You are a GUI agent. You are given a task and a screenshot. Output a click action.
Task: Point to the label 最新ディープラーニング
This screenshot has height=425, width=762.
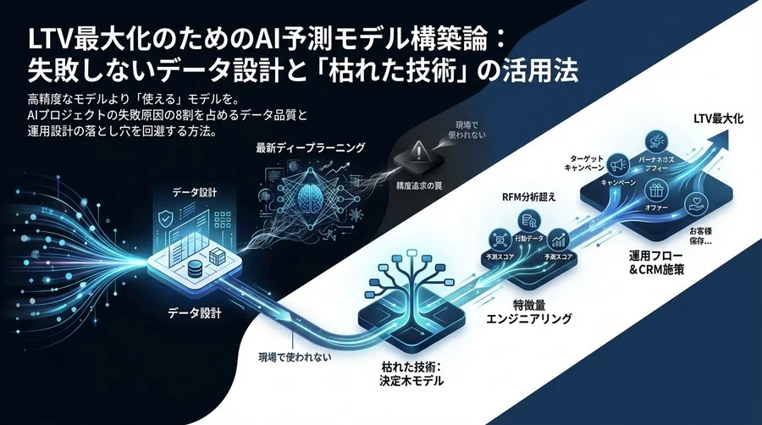click(x=311, y=148)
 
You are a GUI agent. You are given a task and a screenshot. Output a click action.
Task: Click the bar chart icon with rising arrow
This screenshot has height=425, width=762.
click(x=557, y=240)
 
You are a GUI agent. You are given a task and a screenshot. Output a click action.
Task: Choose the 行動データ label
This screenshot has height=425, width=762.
click(x=527, y=238)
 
